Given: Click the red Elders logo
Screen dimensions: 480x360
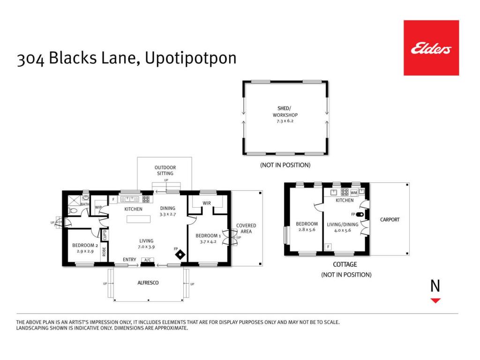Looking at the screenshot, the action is coord(431,48).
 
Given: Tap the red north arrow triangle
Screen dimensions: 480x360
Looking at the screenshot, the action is coord(435,300).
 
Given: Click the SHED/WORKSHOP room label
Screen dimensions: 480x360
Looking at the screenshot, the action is coord(285,112).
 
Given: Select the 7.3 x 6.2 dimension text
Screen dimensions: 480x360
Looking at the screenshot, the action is coord(285,121).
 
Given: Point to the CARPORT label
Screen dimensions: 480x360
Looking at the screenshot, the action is coord(390,219).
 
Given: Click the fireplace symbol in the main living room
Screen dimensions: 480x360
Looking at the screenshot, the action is coord(180,255).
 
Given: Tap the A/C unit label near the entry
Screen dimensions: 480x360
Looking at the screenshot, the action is coord(148,260).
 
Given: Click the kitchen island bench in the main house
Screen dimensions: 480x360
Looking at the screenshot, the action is coord(138,219).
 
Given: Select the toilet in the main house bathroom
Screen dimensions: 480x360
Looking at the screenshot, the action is coord(73,210).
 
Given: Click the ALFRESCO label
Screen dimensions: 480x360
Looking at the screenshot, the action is coord(148,283).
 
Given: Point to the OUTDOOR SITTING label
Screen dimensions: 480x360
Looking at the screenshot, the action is coord(165,170).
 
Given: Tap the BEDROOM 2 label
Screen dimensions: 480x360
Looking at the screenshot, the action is coord(85,245).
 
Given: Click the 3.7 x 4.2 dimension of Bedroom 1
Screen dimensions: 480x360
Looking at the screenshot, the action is coord(208,241).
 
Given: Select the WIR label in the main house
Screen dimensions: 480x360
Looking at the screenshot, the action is coord(207,203).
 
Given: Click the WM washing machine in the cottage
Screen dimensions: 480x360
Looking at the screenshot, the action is coord(354,193).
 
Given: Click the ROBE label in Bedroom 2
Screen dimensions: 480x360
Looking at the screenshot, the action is coord(104,252).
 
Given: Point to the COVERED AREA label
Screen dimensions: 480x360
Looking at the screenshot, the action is coord(246,228).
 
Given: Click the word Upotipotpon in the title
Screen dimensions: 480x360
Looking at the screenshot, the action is coord(190,58).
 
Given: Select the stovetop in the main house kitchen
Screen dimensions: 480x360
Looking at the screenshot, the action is coord(146,199).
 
